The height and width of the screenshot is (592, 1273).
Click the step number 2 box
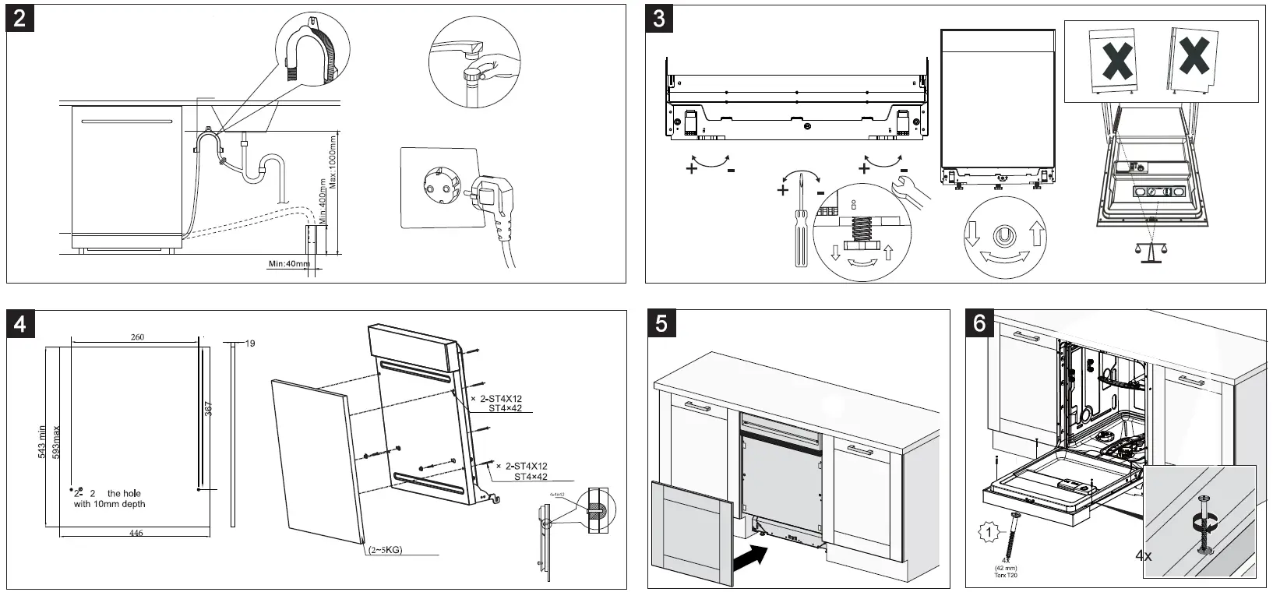[x=20, y=18]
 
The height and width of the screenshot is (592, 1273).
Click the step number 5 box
[x=661, y=322]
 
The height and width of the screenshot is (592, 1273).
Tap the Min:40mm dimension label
[x=289, y=264]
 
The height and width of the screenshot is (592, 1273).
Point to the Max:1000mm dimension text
[x=333, y=160]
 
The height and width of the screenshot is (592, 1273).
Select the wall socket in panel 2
[x=436, y=189]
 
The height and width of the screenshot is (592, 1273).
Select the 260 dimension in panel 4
[x=137, y=337]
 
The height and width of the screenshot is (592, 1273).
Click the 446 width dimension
[x=136, y=533]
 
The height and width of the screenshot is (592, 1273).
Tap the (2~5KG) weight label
[x=385, y=550]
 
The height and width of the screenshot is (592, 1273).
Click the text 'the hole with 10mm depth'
[x=111, y=499]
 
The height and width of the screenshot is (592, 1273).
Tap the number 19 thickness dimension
[x=250, y=344]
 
